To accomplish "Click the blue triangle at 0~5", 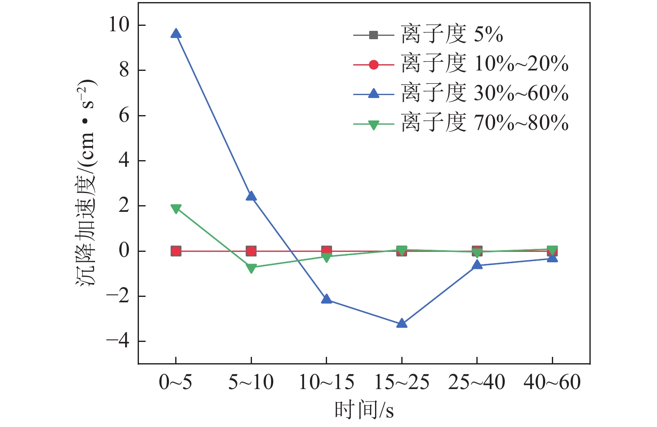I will click(x=176, y=34).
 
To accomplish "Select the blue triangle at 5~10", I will click(x=251, y=196).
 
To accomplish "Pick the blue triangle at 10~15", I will click(x=326, y=299).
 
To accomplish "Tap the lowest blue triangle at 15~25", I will click(x=402, y=323).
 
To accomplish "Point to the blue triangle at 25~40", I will click(x=477, y=265).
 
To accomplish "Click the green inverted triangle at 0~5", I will click(x=176, y=208).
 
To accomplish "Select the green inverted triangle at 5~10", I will click(x=251, y=268).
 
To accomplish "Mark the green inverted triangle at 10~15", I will click(x=326, y=257).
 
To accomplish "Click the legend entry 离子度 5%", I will click(x=452, y=35).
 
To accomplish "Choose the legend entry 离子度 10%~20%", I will click(x=484, y=64).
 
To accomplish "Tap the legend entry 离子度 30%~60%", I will click(x=484, y=94).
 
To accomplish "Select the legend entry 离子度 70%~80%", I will click(x=484, y=123).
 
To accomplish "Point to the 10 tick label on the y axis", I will click(x=119, y=25).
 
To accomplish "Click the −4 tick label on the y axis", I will click(x=118, y=341).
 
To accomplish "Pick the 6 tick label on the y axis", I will click(x=124, y=116).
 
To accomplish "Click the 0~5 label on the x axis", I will click(x=176, y=382).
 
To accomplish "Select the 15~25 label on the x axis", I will click(x=402, y=382).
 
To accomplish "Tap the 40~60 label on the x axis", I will click(x=552, y=382).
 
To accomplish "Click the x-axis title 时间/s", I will click(x=364, y=410).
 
